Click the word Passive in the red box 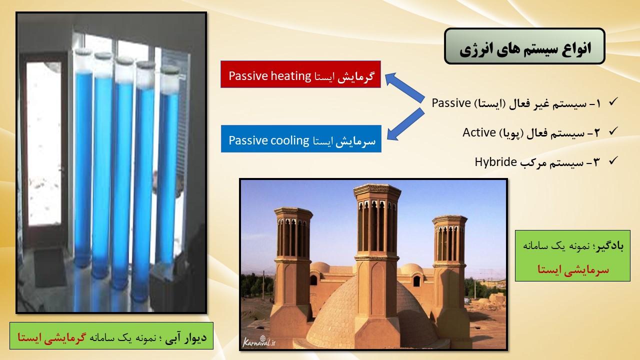click(x=247, y=76)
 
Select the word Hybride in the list click(x=495, y=162)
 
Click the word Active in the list click(x=479, y=132)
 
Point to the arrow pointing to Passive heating click(x=404, y=87)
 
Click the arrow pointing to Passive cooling click(x=405, y=124)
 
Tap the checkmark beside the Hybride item click(x=613, y=160)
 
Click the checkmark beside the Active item click(x=613, y=131)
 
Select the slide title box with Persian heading click(x=524, y=46)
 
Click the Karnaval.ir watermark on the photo click(x=259, y=341)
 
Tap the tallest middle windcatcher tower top click(x=377, y=190)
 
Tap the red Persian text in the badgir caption click(x=573, y=269)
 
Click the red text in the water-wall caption click(x=51, y=337)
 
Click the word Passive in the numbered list click(x=451, y=103)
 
